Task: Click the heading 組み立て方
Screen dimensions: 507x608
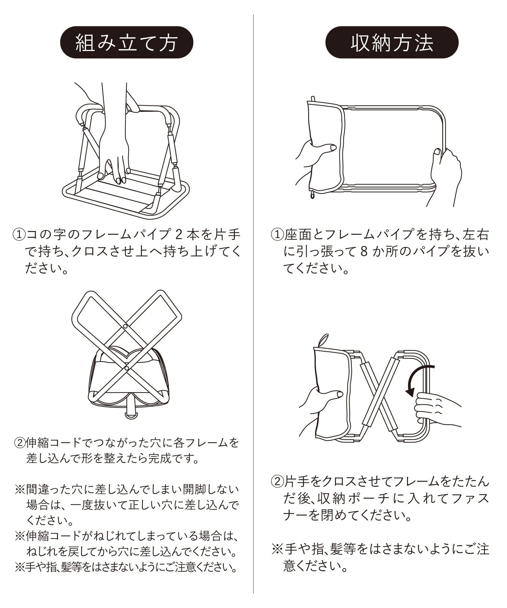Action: coord(126,43)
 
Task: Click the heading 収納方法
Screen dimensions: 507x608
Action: coord(392,43)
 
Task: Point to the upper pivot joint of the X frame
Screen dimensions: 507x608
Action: coord(125,327)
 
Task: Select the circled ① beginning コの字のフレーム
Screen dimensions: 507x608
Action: coord(19,234)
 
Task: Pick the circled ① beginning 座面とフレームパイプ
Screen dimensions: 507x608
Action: coord(277,234)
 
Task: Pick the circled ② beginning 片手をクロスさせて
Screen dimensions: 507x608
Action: coord(277,481)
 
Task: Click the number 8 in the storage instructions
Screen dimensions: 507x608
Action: coord(364,252)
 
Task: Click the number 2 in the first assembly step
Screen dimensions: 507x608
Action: coord(180,234)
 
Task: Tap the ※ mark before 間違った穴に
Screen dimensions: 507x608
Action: coord(20,489)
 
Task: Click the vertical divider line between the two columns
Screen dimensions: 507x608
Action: coord(254,304)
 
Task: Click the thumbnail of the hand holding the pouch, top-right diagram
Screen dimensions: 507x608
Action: coord(333,147)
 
